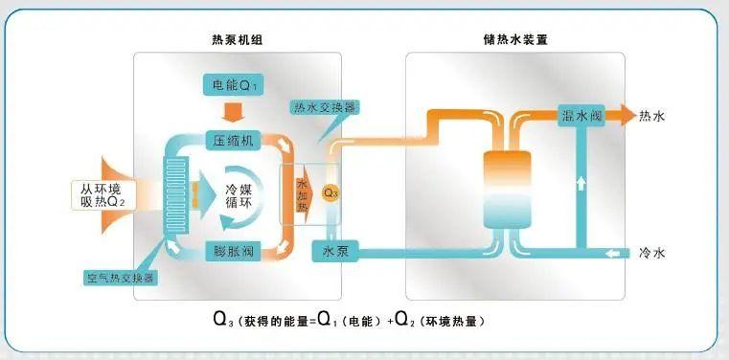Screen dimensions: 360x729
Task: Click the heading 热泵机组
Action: coord(236,40)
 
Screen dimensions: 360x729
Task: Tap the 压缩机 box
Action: coord(235,141)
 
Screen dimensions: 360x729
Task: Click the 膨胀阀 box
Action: coord(235,252)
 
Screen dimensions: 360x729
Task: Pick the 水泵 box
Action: coord(334,252)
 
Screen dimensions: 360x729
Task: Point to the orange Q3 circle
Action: coord(330,192)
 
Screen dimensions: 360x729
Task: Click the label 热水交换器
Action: coord(326,108)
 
